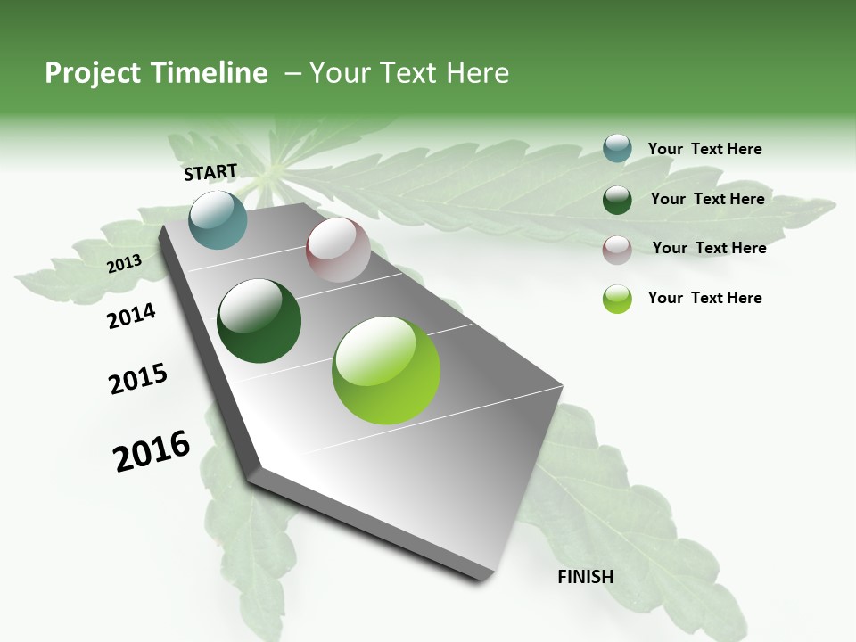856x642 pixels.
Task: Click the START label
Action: pos(210,172)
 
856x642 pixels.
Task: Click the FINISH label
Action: pos(585,577)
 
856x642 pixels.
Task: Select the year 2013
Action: pos(125,263)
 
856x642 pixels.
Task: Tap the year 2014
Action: pos(132,316)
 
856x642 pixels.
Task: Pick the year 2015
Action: pos(138,379)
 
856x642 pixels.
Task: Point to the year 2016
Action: pos(152,451)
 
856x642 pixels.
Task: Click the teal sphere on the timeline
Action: pos(218,219)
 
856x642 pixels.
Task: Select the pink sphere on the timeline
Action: pos(338,250)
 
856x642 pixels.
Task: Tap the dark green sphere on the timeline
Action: pos(259,321)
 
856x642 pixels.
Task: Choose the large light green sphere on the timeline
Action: pos(386,370)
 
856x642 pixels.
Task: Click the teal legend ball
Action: pos(617,148)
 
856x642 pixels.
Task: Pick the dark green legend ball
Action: pos(617,200)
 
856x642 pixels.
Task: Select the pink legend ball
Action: pos(617,250)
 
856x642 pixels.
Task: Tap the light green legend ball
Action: pos(617,299)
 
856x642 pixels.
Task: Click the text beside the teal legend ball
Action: pos(704,149)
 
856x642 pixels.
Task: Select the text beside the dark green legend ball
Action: pos(707,199)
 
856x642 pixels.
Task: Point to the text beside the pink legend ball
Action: pos(709,248)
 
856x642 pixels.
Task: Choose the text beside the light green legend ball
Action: pos(704,298)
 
